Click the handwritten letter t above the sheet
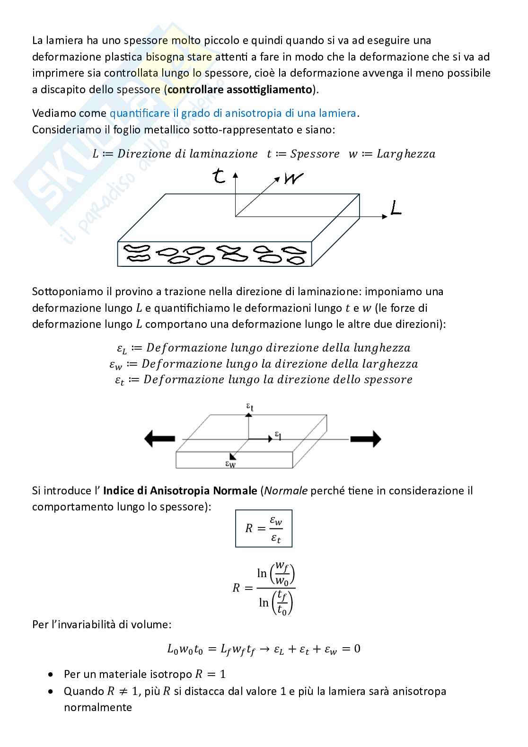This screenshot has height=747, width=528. click(x=219, y=176)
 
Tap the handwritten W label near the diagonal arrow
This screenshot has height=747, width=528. click(x=293, y=179)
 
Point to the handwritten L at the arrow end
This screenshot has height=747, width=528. click(x=396, y=208)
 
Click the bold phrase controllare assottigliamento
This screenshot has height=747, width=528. click(x=240, y=89)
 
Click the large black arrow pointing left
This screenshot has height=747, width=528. click(x=159, y=439)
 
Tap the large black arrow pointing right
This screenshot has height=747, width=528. click(x=365, y=439)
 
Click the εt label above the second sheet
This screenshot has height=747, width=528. click(x=250, y=406)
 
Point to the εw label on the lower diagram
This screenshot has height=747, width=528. click(x=230, y=464)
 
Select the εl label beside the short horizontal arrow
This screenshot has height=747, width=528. click(x=279, y=435)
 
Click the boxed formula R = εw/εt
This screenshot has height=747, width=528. click(x=264, y=528)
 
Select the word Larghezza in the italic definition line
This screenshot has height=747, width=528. click(x=405, y=154)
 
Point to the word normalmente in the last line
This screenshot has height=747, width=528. click(x=98, y=708)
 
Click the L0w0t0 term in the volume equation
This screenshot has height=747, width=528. click(x=185, y=649)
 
